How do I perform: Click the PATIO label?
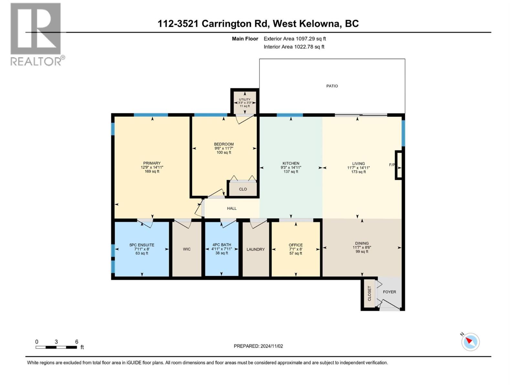(x=332, y=86)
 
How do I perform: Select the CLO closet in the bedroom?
(x=243, y=189)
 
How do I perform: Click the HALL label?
(x=232, y=209)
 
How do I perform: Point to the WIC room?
(x=187, y=249)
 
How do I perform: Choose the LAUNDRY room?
(x=256, y=249)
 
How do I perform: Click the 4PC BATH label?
(x=222, y=245)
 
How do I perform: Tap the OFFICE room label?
(x=296, y=245)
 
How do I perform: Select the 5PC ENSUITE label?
(x=142, y=245)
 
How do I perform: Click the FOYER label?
(x=389, y=292)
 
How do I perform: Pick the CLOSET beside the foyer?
(x=369, y=293)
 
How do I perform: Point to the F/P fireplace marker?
(x=392, y=165)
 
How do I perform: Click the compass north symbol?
(x=470, y=342)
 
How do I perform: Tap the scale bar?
(x=56, y=347)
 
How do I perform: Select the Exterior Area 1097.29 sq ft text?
(x=295, y=39)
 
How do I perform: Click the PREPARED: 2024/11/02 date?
(x=258, y=346)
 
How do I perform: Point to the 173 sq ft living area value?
(x=358, y=172)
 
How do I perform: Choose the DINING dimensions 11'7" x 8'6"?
(x=362, y=247)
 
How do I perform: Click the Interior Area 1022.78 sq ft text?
(x=294, y=47)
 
